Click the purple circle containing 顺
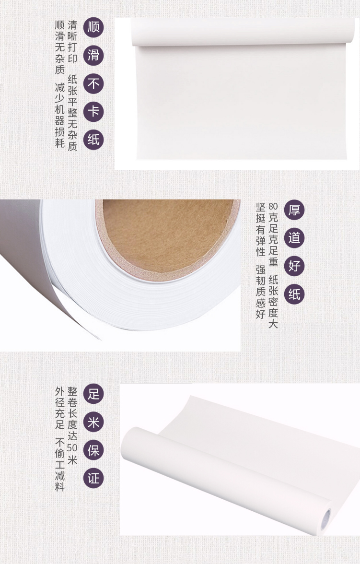(x=93, y=27)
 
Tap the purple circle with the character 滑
(x=93, y=56)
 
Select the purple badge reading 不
(x=93, y=83)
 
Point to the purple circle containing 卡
(x=93, y=111)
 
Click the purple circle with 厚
(x=294, y=210)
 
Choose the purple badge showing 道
(x=294, y=238)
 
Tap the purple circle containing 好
(x=294, y=266)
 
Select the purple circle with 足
(x=93, y=393)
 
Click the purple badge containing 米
(x=93, y=422)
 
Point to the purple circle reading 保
(x=93, y=450)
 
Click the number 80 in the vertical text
(x=273, y=206)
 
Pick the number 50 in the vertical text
(x=72, y=448)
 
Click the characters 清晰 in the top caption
(x=72, y=31)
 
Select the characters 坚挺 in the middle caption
(x=261, y=212)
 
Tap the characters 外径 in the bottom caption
(x=60, y=397)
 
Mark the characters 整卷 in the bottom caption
(x=72, y=397)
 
